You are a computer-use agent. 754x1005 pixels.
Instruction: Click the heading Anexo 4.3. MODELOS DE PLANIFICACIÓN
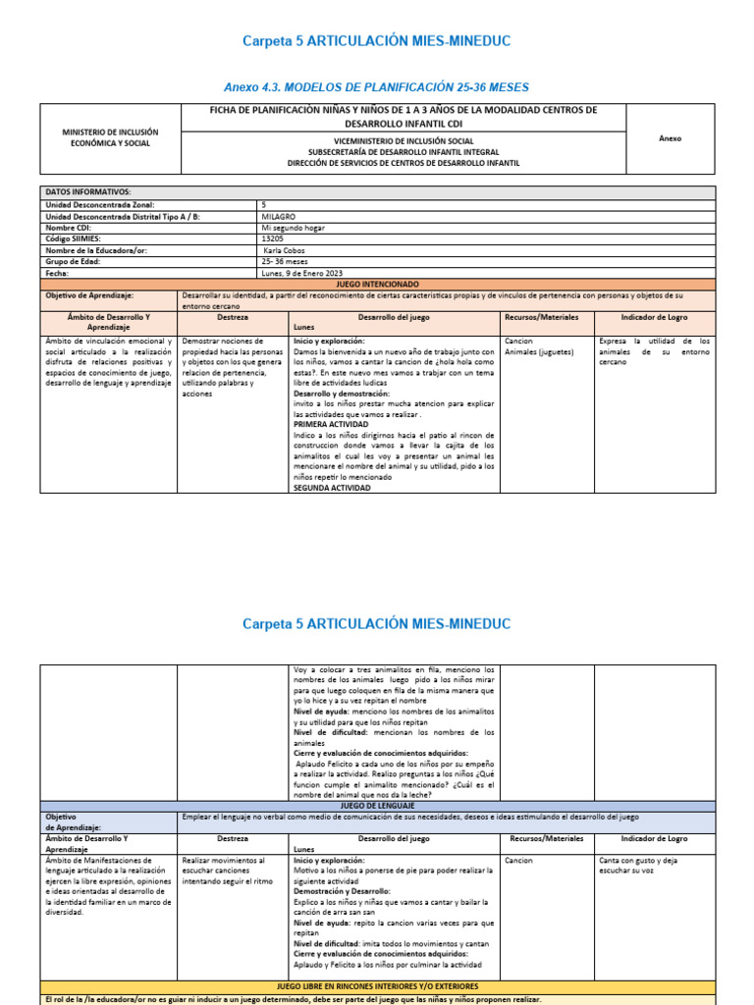(377, 84)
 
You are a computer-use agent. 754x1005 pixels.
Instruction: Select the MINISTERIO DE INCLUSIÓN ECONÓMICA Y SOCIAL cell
(110, 137)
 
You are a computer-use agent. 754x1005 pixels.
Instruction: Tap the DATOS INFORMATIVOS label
(88, 191)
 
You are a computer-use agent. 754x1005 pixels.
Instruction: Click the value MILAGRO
(279, 215)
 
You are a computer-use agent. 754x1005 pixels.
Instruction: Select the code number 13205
(273, 238)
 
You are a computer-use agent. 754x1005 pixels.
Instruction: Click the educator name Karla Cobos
(287, 250)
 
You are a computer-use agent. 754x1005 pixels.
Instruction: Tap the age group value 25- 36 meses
(286, 262)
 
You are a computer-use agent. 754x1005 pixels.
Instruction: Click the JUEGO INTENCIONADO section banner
(377, 284)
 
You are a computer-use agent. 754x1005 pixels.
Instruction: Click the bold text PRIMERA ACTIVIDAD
(331, 424)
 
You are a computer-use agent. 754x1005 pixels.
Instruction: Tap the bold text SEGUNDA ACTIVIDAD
(332, 488)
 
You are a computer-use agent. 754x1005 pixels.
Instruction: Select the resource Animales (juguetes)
(538, 351)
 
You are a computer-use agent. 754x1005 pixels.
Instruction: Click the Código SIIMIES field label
(74, 238)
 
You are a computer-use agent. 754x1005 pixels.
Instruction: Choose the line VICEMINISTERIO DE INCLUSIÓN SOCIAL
(404, 141)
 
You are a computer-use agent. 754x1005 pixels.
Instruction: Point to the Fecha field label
(59, 273)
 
